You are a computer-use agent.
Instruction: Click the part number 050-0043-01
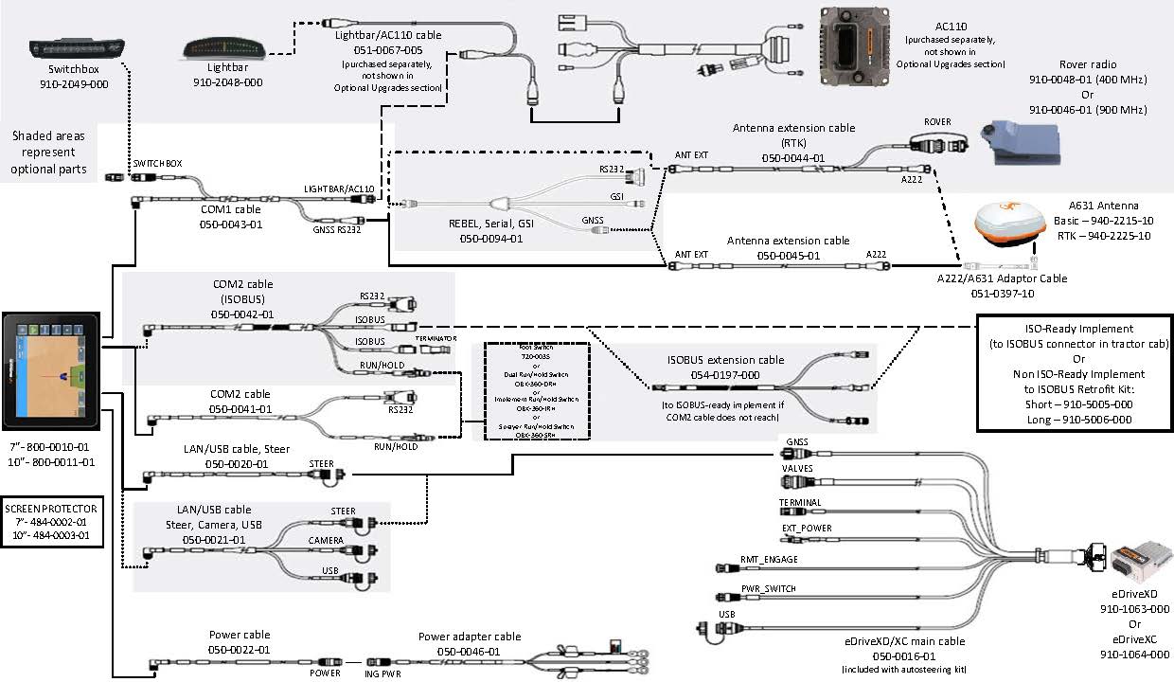click(230, 226)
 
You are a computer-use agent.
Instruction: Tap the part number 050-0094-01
click(491, 239)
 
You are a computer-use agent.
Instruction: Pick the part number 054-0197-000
click(724, 374)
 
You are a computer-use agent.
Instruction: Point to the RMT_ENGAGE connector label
click(769, 559)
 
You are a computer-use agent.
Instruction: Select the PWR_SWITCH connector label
click(768, 588)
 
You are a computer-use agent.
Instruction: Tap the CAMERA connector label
click(325, 539)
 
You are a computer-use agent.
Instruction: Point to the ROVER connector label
click(937, 122)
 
